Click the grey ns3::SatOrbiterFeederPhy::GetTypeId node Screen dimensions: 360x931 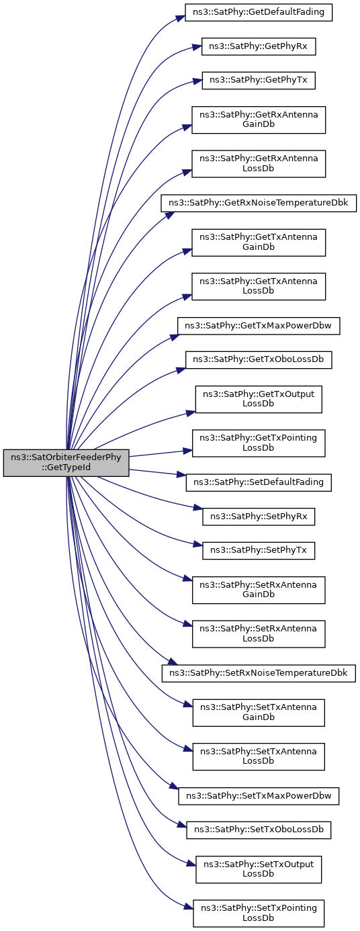(66, 463)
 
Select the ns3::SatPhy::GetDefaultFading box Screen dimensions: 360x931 (258, 12)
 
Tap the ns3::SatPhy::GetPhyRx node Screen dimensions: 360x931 (258, 46)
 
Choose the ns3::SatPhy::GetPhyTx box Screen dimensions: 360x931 (258, 80)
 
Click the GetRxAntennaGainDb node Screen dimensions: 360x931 (258, 120)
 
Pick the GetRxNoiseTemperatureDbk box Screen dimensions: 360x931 (258, 204)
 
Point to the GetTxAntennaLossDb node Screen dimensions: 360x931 (258, 286)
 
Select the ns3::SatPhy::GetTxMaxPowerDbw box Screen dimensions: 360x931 (258, 325)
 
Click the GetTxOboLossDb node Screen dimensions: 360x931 (258, 359)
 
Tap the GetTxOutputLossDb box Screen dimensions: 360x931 (258, 399)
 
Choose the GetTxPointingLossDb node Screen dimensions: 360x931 (258, 443)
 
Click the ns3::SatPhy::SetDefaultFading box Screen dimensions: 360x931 (258, 482)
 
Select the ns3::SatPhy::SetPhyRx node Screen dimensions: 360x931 (258, 516)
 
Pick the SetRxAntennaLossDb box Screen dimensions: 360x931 (258, 633)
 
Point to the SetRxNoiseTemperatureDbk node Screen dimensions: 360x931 (258, 673)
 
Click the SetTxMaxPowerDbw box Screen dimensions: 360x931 (258, 796)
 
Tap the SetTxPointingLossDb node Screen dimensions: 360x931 (258, 913)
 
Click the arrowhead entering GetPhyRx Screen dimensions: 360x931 (198, 46)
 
